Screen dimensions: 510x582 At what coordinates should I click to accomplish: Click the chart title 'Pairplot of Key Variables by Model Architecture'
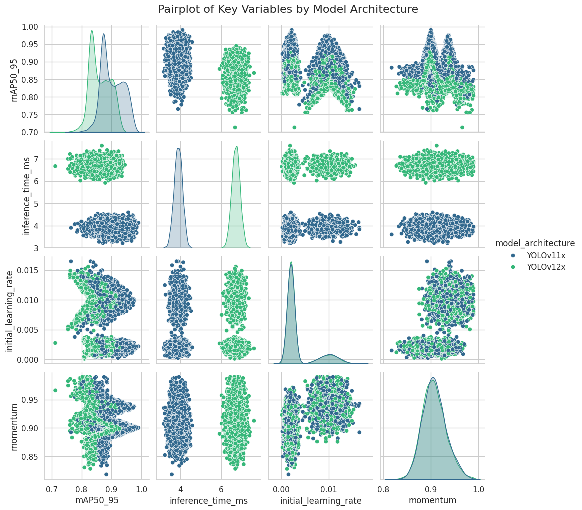tap(288, 9)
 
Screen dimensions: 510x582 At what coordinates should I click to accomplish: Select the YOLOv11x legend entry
tap(546, 255)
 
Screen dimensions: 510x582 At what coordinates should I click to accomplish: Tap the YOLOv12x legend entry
tap(546, 267)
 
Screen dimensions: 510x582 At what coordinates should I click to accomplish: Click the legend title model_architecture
tap(535, 243)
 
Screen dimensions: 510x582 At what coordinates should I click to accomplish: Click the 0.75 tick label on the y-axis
tap(32, 115)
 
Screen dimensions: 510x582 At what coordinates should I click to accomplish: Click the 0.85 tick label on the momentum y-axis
tap(32, 457)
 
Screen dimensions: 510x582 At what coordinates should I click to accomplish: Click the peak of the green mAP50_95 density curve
tap(92, 31)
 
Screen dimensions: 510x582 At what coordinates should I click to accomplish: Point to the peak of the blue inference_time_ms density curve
tap(179, 148)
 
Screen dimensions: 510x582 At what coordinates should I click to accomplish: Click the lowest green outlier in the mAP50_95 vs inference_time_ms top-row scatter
tap(235, 127)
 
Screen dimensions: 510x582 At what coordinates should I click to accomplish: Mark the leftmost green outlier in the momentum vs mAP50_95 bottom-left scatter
tap(55, 390)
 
